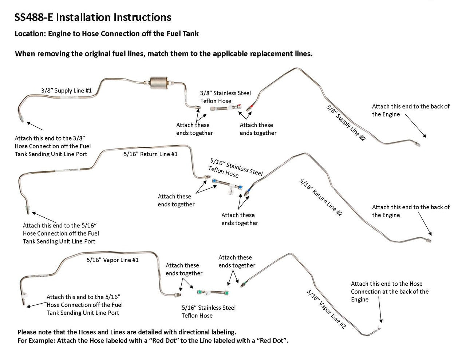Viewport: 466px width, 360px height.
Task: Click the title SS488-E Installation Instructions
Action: [93, 17]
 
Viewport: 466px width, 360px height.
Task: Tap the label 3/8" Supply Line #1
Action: [66, 90]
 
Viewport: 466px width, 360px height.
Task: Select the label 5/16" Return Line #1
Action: [150, 154]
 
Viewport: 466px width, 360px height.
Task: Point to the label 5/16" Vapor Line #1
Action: [112, 260]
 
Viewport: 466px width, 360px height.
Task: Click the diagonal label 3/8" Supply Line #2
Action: [345, 123]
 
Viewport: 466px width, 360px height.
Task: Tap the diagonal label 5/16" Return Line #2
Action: [321, 197]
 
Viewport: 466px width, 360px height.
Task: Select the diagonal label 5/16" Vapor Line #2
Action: [326, 309]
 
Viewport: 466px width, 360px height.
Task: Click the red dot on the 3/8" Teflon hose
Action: [239, 107]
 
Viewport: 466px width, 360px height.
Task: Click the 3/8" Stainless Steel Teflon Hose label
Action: [225, 97]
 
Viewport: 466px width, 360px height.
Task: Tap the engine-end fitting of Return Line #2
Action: [429, 241]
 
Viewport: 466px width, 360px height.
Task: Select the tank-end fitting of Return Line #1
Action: [28, 209]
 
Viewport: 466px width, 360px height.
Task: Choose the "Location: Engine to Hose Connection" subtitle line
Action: [107, 34]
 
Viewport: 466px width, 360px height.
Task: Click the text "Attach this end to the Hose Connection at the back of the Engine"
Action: [389, 292]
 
